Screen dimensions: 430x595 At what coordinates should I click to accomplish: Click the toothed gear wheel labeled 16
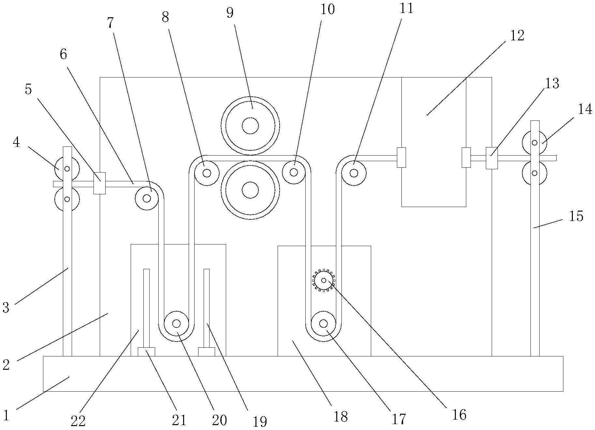point(324,280)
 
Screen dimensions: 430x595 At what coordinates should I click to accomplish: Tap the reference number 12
point(517,35)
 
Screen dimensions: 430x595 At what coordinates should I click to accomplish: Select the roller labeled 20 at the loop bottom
point(176,323)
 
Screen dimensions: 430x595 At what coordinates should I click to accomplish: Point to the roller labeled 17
point(324,323)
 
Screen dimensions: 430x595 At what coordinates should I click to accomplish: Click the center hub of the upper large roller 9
point(250,126)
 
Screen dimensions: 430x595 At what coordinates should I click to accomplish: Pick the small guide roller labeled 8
point(207,173)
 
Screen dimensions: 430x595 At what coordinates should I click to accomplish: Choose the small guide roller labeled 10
point(294,172)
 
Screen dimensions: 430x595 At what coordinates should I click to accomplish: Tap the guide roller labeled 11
point(354,173)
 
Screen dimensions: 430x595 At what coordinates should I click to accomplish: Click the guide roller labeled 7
point(147,198)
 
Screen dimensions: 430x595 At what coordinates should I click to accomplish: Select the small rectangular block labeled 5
point(99,183)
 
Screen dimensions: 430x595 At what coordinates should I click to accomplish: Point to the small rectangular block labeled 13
point(492,158)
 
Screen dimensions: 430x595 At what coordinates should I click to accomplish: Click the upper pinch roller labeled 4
point(67,169)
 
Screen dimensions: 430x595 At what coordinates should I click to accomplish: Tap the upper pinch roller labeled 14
point(534,143)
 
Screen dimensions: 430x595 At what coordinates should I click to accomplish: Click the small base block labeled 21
point(146,352)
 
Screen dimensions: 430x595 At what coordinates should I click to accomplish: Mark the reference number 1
point(6,415)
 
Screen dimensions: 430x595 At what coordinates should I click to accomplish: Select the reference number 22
point(78,421)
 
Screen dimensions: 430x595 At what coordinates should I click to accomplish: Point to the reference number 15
point(576,216)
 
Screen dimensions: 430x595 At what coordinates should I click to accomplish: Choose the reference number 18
point(341,416)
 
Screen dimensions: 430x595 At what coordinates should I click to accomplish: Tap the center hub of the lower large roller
point(250,190)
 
